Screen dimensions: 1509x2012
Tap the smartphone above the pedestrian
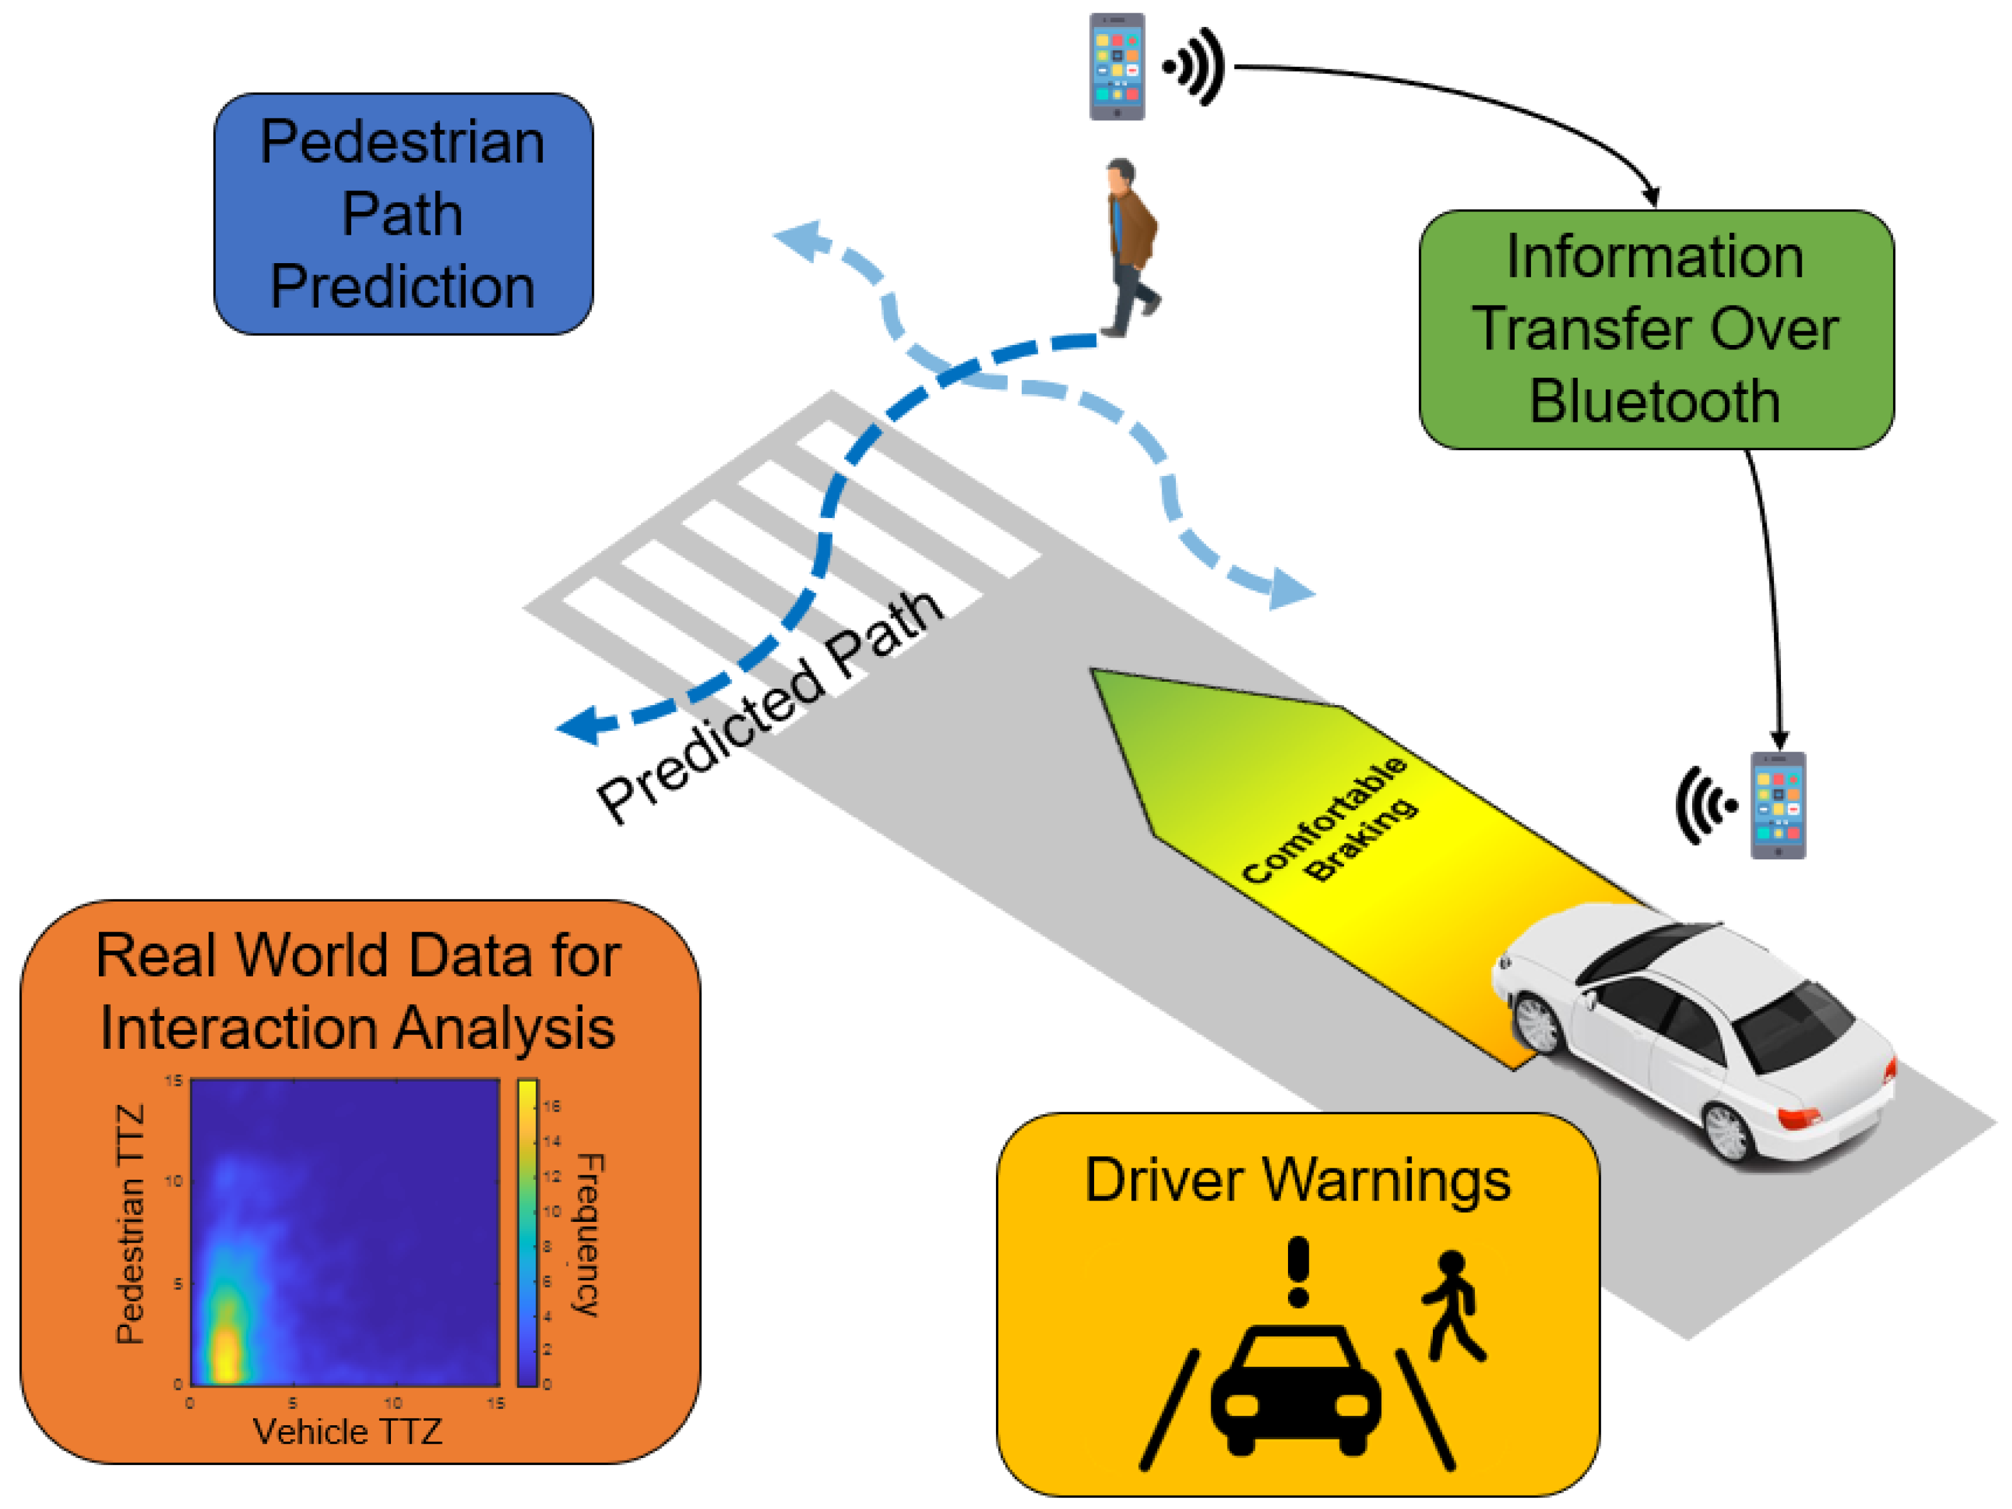tap(1117, 66)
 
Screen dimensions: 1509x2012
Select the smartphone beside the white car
tap(1778, 805)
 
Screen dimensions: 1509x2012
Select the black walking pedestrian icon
tap(1452, 1305)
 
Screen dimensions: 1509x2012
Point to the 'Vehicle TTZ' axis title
tap(348, 1432)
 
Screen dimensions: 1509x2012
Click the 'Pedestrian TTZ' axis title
tap(131, 1223)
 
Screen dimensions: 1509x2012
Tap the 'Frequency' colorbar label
tap(589, 1235)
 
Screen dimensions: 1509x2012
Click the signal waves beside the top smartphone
tap(1197, 66)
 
